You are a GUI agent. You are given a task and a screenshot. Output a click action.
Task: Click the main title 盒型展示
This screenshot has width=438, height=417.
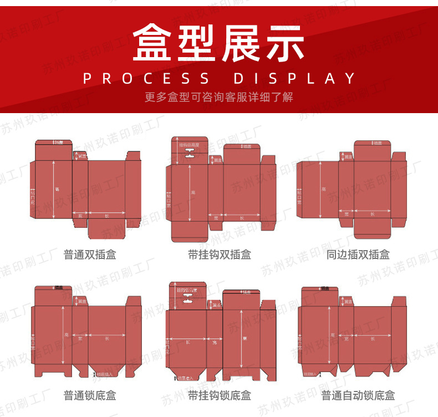[219, 42]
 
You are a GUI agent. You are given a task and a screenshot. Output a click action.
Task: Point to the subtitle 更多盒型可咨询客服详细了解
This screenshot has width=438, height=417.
[219, 97]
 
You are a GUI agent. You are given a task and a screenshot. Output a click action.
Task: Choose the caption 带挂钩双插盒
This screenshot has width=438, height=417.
[219, 255]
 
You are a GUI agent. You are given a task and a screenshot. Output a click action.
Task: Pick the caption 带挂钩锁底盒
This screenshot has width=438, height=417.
[219, 395]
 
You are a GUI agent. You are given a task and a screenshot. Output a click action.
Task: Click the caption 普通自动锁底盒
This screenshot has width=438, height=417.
[358, 395]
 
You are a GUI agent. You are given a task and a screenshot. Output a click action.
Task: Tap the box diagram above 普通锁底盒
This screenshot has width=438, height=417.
[86, 333]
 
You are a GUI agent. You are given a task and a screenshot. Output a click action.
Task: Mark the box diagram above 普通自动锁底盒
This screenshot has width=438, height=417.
[352, 333]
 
